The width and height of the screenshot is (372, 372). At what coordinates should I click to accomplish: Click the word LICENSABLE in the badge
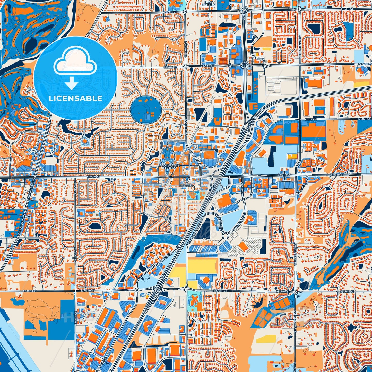(75, 98)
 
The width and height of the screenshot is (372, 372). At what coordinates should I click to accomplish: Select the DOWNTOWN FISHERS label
(168, 166)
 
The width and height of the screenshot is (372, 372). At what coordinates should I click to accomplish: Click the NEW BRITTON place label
(209, 3)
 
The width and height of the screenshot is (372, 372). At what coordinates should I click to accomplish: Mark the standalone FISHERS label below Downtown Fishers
(186, 185)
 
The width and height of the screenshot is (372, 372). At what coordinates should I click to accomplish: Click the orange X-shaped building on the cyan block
(195, 299)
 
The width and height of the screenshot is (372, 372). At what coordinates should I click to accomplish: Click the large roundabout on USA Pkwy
(226, 236)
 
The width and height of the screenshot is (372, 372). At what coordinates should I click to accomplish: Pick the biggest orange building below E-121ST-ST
(314, 131)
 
